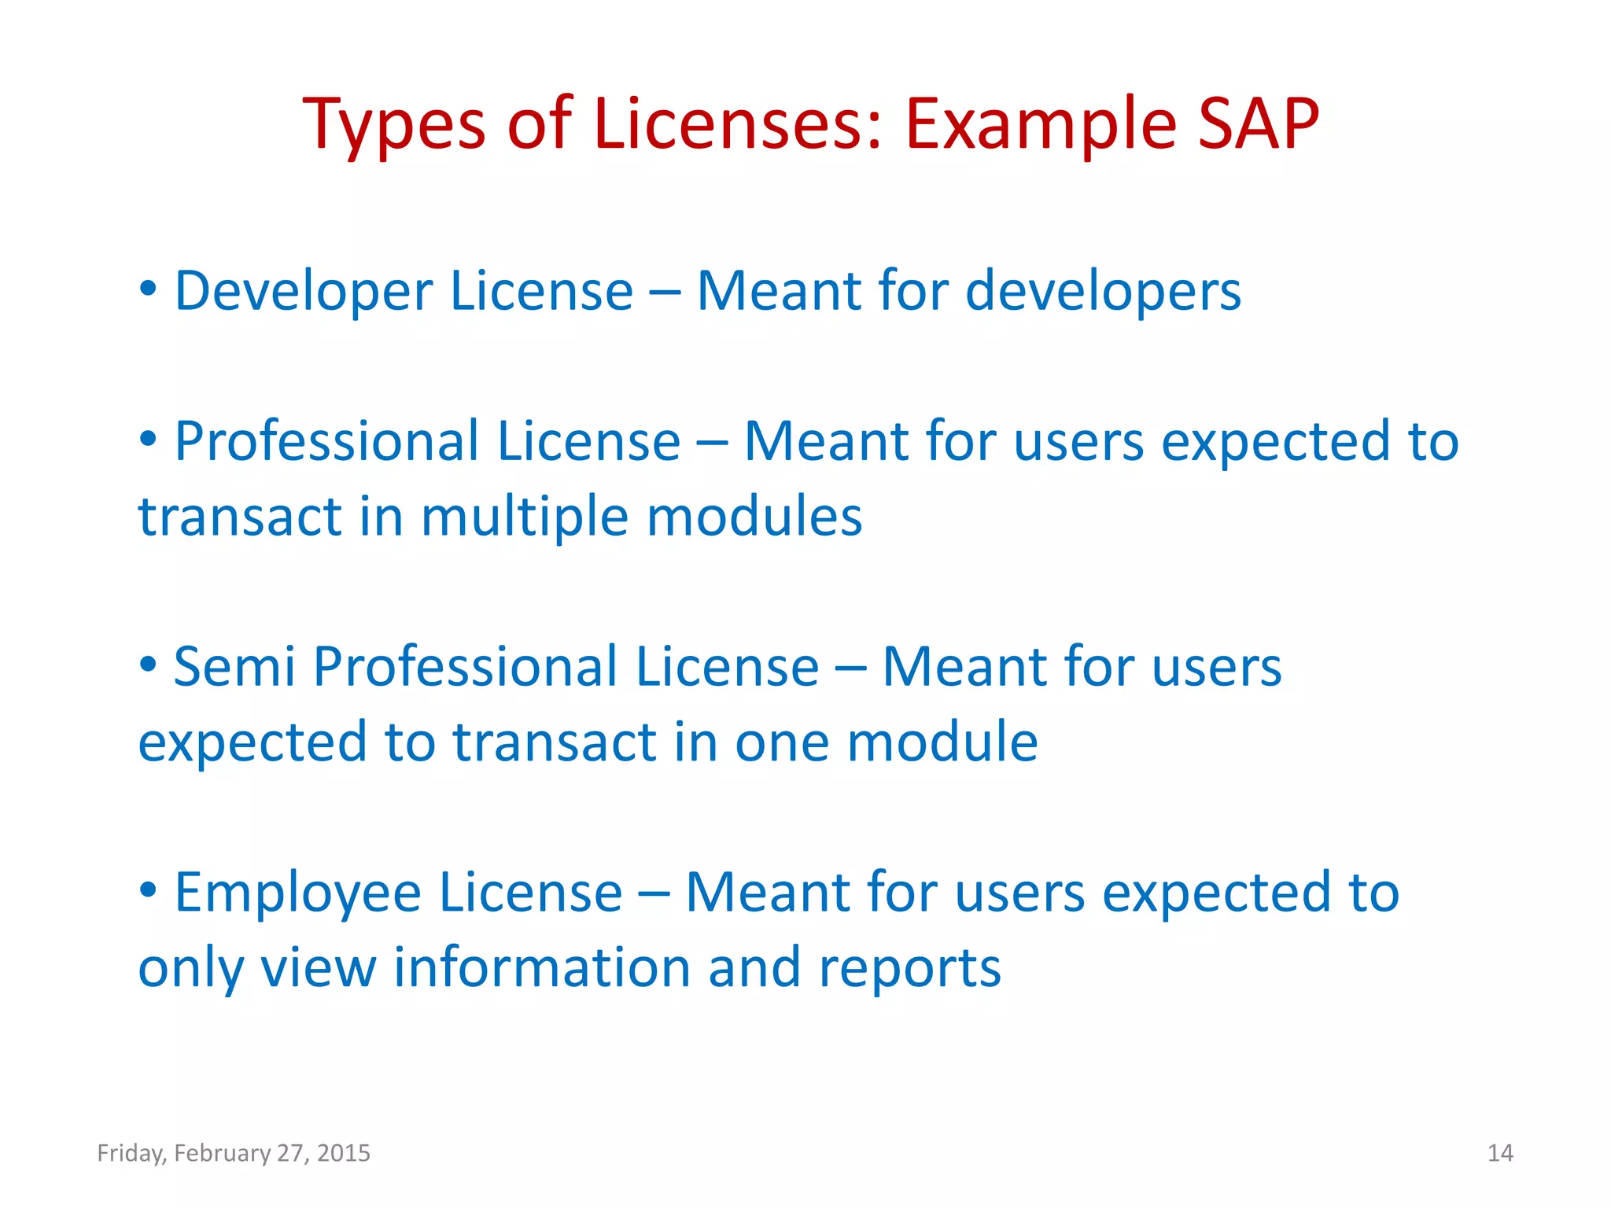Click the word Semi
click(x=234, y=668)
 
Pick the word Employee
click(x=299, y=894)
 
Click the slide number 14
click(x=1500, y=1153)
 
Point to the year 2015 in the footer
click(x=344, y=1153)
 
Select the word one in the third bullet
click(x=782, y=743)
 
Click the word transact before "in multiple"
click(x=240, y=517)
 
